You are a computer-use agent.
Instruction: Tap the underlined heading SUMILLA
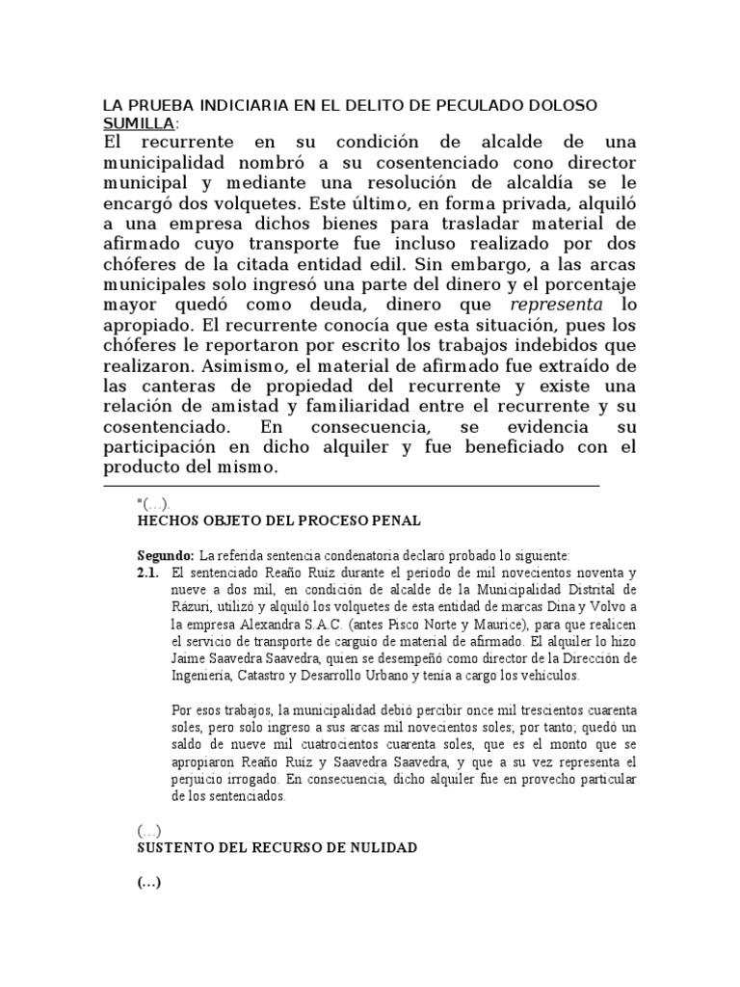click(139, 123)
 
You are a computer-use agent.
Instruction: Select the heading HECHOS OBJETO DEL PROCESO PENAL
click(279, 520)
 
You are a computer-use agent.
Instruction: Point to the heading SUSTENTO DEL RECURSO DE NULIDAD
click(277, 848)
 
